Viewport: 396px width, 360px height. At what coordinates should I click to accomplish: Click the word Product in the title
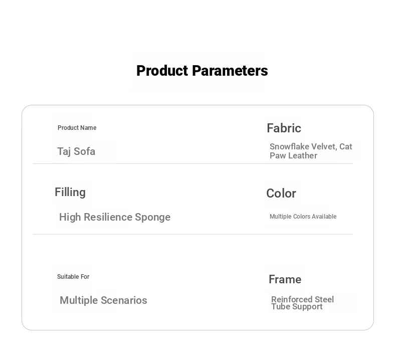(162, 71)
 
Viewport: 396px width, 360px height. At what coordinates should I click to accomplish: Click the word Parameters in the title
(230, 71)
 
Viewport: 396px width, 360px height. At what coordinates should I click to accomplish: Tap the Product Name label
(77, 128)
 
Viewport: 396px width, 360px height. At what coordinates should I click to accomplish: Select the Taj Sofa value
(76, 151)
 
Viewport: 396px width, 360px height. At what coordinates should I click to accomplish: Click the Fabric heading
(284, 128)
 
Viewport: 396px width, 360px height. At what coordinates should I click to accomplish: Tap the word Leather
(303, 155)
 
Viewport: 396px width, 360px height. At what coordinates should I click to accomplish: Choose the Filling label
(70, 193)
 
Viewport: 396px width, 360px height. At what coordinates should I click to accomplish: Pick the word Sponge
(153, 218)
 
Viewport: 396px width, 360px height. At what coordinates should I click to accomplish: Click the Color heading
(281, 194)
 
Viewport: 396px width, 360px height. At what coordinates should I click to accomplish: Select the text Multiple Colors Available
(303, 217)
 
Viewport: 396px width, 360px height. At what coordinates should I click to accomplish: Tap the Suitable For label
(73, 277)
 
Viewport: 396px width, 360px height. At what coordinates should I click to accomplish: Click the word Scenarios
(124, 300)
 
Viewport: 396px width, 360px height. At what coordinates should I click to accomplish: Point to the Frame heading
(285, 279)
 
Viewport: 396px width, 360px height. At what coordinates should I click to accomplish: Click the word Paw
(278, 155)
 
